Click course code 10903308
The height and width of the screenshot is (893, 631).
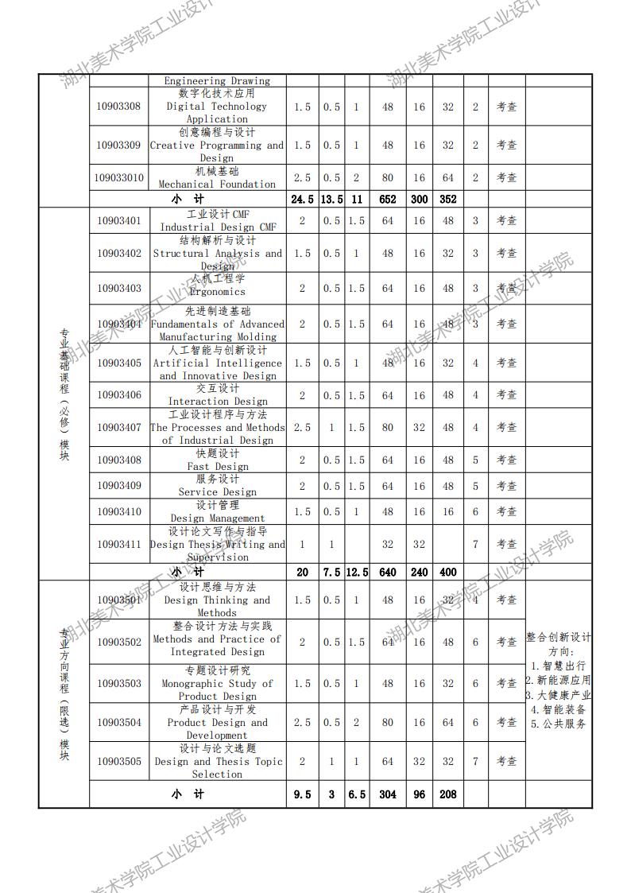pyautogui.click(x=118, y=107)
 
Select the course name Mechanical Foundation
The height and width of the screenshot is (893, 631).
pyautogui.click(x=217, y=177)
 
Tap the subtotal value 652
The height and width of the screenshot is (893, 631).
pyautogui.click(x=387, y=200)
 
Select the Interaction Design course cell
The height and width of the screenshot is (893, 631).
pyautogui.click(x=217, y=395)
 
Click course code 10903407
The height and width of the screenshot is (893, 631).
pyautogui.click(x=118, y=428)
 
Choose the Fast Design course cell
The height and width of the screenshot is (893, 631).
pyautogui.click(x=217, y=460)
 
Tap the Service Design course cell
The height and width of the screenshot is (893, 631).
pyautogui.click(x=217, y=486)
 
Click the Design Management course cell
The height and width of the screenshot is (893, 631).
pyautogui.click(x=217, y=511)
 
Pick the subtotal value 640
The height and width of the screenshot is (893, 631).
pyautogui.click(x=387, y=572)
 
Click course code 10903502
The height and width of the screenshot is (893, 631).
pyautogui.click(x=118, y=642)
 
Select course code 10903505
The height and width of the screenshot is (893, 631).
pyautogui.click(x=118, y=762)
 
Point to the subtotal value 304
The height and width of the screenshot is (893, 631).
pyautogui.click(x=387, y=794)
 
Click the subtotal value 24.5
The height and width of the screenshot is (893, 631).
pyautogui.click(x=302, y=200)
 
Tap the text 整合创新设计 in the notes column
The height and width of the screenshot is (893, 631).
pyautogui.click(x=559, y=637)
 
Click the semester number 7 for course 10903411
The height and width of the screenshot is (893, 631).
pyautogui.click(x=475, y=544)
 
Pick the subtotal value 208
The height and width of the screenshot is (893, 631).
pyautogui.click(x=448, y=794)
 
